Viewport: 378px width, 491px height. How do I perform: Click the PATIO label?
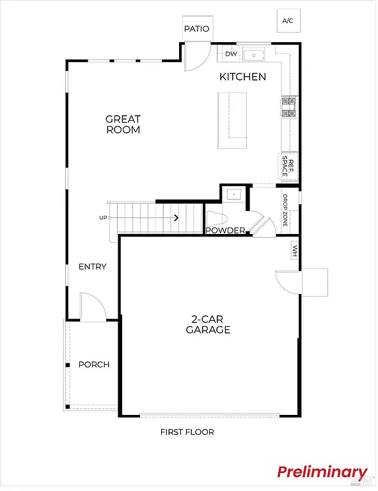(x=196, y=29)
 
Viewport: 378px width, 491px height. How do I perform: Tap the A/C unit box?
(x=288, y=21)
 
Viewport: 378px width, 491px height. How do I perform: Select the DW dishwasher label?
(x=231, y=54)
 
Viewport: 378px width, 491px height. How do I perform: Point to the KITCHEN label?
(x=242, y=77)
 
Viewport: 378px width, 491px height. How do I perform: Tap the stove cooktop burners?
(x=288, y=107)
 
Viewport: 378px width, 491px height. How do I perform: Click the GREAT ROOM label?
(x=123, y=124)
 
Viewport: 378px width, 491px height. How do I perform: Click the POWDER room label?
(x=226, y=230)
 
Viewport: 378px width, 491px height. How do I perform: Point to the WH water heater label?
(x=295, y=250)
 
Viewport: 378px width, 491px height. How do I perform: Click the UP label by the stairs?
(x=103, y=218)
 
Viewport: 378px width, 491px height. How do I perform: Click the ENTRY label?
(x=92, y=267)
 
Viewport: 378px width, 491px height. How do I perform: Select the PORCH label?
(x=94, y=364)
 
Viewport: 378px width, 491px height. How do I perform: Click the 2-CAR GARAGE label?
(x=208, y=325)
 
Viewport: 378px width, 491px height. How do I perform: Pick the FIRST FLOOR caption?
(x=187, y=432)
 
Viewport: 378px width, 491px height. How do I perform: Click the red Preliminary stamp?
(x=322, y=472)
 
